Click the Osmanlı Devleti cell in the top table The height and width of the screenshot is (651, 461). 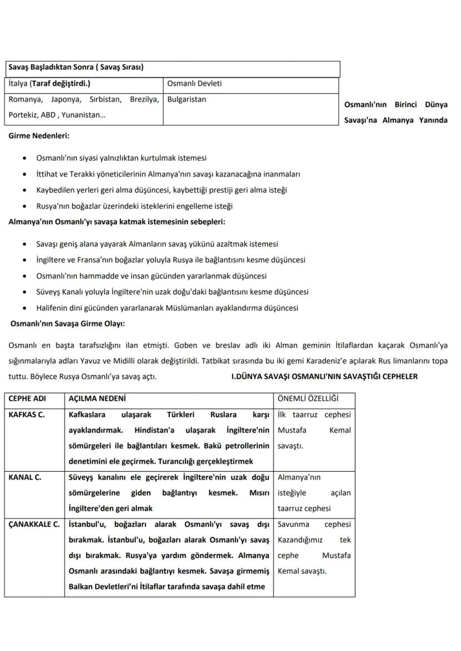[194, 84]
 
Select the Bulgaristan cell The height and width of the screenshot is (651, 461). [187, 100]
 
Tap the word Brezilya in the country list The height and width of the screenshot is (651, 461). [145, 100]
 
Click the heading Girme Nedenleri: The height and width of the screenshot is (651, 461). [39, 135]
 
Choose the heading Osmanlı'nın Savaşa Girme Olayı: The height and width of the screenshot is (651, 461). [67, 323]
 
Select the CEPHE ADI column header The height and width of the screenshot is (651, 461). [27, 399]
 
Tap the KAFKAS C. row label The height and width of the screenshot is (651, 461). [27, 415]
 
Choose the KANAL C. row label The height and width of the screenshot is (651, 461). [25, 477]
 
